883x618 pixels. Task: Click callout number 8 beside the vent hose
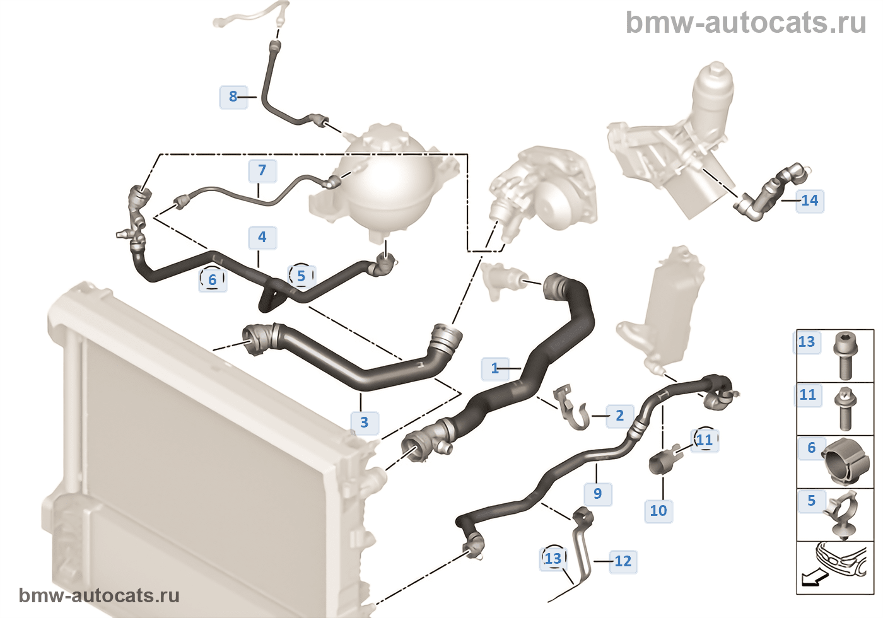[233, 96]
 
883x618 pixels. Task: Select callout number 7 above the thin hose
[262, 170]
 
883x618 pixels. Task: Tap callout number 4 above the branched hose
[262, 237]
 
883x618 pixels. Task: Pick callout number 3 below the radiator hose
[365, 423]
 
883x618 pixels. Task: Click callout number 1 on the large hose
[495, 368]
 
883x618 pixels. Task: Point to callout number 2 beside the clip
[619, 416]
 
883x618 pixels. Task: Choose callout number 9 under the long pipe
[598, 494]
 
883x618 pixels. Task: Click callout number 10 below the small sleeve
[658, 511]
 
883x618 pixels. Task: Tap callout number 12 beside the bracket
[623, 561]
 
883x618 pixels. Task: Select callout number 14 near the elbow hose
[810, 201]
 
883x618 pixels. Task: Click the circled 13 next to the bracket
[553, 559]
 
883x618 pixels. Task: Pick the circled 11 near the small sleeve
[705, 440]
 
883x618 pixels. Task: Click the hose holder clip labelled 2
[571, 408]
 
